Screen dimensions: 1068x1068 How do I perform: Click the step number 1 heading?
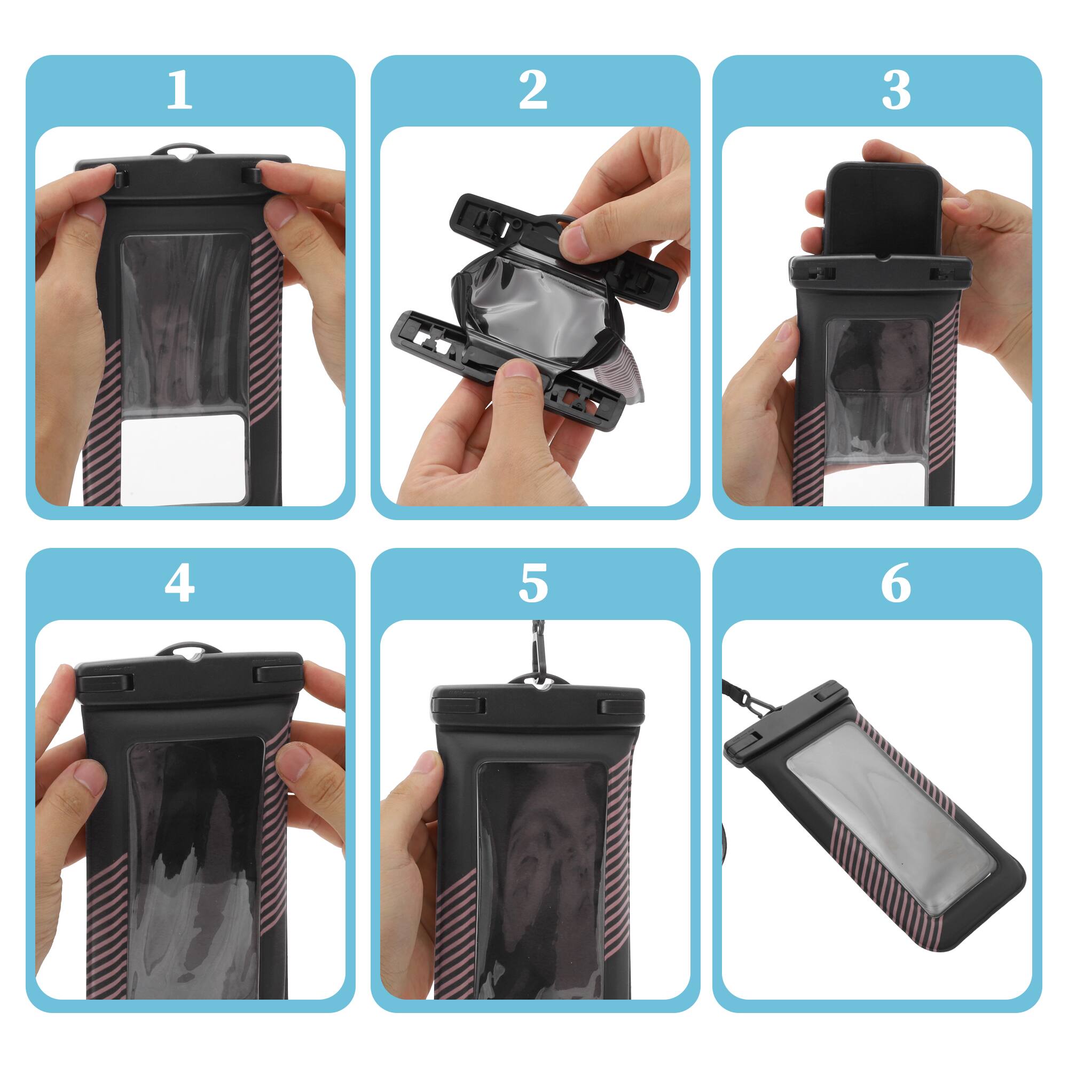point(179,91)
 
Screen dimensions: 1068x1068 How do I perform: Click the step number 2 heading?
point(533,91)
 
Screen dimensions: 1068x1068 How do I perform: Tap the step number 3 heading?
point(896,91)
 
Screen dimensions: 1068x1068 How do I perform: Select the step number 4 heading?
point(179,584)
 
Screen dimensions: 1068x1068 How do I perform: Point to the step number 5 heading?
point(533,584)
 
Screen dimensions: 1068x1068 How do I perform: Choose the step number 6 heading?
point(896,584)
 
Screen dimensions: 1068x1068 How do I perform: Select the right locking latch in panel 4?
point(277,676)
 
